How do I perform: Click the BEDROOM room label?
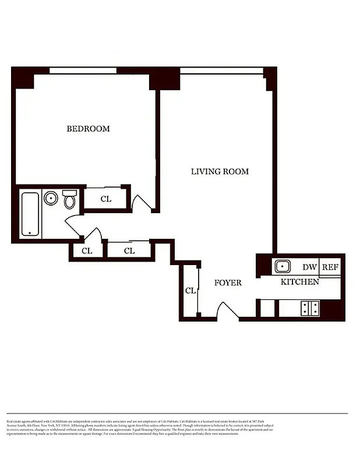point(88,129)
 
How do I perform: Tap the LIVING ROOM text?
point(220,171)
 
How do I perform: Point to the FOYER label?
point(227,283)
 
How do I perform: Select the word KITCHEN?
point(300,283)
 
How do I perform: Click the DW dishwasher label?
point(309,267)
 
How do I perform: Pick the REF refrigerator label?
point(330,267)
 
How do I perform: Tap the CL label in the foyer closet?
point(190,291)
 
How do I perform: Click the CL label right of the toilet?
point(105,199)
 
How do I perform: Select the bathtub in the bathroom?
point(30,214)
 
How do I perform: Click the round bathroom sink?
point(51,199)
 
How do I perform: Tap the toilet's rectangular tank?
point(69,193)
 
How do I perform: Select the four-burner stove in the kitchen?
point(309,308)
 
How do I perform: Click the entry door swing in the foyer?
point(228,310)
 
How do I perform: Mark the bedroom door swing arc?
point(141,202)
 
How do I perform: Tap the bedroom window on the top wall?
point(83,70)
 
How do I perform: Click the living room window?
point(221,70)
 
